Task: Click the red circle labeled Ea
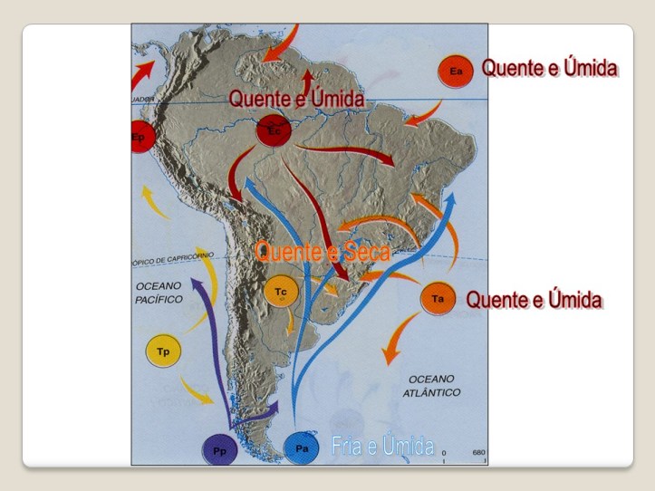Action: coord(455,71)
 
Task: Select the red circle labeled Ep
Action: coord(140,137)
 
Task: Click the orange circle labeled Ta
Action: coord(438,298)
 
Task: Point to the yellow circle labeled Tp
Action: coord(163,351)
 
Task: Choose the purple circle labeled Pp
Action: coord(219,448)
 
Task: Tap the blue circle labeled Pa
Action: coord(302,447)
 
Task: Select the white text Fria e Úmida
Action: coord(384,445)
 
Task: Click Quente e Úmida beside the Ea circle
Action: coord(549,68)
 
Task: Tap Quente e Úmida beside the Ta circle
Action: coord(534,299)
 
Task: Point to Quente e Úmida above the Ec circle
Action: coord(296,98)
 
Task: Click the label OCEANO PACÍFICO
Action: coord(159,292)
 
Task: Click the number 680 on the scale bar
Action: coord(478,452)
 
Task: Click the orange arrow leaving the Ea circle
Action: coord(422,114)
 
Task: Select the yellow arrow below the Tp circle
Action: coord(197,390)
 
